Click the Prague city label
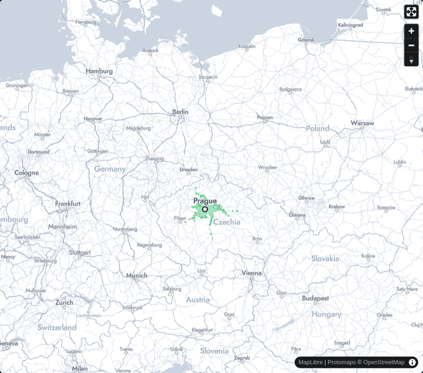point(205,201)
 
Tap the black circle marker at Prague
point(205,209)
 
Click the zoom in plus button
point(411,31)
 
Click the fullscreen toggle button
point(411,12)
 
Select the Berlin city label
point(180,112)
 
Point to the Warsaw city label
point(362,123)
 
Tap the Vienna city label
point(252,273)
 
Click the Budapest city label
point(316,298)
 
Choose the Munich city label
point(137,275)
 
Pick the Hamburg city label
point(99,71)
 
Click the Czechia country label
point(227,222)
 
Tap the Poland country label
point(317,128)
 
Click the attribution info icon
point(412,362)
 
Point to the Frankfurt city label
point(68,204)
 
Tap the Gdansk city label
point(306,40)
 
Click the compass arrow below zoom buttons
point(411,61)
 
